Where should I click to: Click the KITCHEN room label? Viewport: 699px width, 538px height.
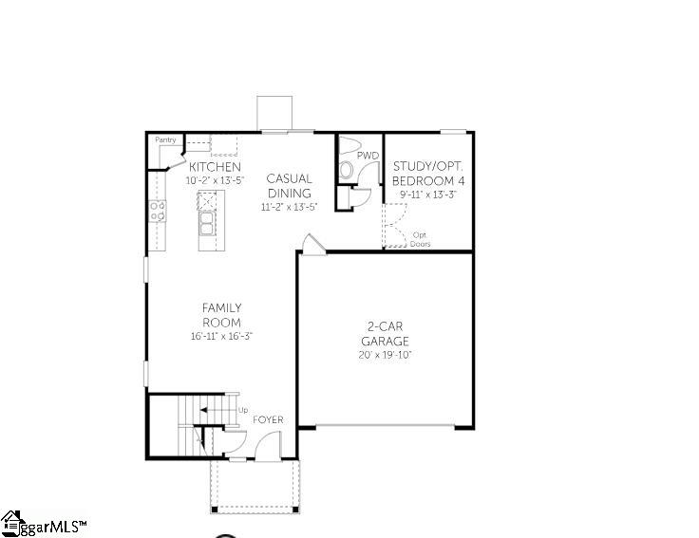click(215, 167)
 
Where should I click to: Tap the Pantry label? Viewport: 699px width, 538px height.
click(165, 139)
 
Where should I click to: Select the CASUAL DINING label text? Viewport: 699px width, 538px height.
click(289, 186)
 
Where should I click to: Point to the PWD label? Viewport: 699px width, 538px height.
click(368, 156)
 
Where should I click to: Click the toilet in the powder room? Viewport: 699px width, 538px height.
click(346, 170)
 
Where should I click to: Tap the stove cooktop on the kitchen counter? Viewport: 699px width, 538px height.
click(158, 211)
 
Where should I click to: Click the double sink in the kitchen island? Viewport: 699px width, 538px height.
click(206, 224)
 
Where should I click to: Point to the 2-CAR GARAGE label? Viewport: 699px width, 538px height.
click(386, 334)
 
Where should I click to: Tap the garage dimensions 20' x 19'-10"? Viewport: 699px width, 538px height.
click(386, 355)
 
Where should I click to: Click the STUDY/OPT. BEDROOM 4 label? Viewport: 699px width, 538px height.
click(428, 174)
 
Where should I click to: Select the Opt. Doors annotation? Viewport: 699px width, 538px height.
click(420, 239)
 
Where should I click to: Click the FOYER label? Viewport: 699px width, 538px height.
click(268, 419)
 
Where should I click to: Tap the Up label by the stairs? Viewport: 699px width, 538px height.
click(243, 410)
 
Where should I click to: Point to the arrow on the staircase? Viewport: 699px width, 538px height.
click(217, 410)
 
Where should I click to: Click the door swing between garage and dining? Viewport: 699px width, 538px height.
click(313, 244)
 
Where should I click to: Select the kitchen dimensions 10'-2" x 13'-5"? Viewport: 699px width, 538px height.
click(215, 181)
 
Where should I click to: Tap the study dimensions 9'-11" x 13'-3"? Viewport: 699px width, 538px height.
click(428, 195)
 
